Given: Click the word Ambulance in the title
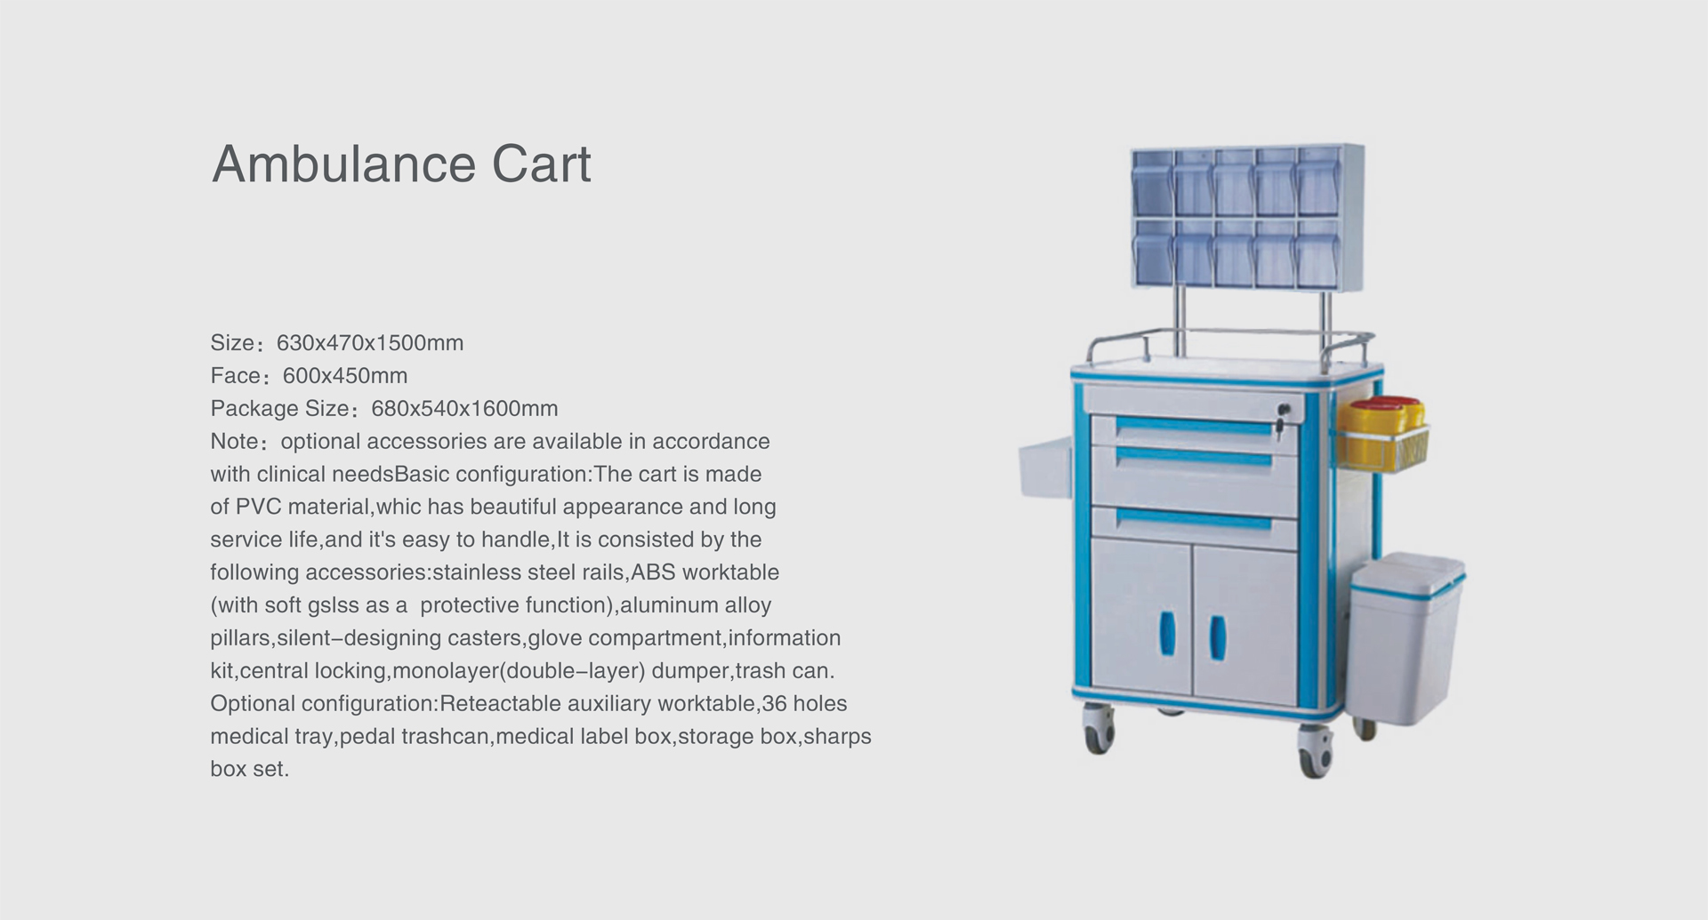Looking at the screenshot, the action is click(x=344, y=164).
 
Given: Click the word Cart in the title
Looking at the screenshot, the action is click(x=542, y=164).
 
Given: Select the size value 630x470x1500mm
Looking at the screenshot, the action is click(x=370, y=343).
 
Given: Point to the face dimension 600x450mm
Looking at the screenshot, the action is click(x=345, y=376).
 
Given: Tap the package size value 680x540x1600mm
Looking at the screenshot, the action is click(x=464, y=409).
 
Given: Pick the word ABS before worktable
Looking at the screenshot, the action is click(x=653, y=572).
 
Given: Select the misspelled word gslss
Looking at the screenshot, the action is click(x=333, y=606).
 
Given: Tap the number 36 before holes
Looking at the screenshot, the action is click(x=774, y=704).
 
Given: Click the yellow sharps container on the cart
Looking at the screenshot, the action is click(x=1384, y=433).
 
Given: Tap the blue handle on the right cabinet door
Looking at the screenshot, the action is click(x=1217, y=638).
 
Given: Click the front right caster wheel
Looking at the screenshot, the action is click(x=1315, y=752).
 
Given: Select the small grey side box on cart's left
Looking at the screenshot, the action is click(x=1044, y=470).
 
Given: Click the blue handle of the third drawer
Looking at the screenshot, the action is click(x=1194, y=519).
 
